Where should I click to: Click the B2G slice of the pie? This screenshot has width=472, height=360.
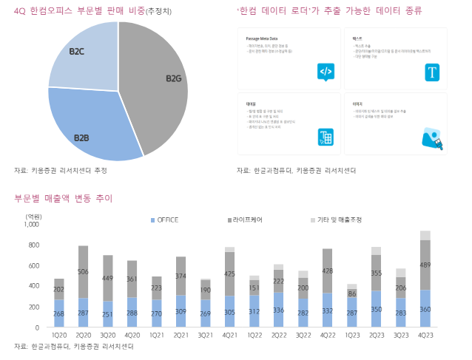pyautogui.click(x=159, y=81)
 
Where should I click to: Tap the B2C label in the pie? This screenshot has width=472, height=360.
pyautogui.click(x=78, y=52)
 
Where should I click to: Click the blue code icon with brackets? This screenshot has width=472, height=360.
pyautogui.click(x=326, y=71)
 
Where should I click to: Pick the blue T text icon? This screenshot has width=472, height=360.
pyautogui.click(x=432, y=72)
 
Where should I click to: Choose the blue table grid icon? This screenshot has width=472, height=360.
pyautogui.click(x=326, y=137)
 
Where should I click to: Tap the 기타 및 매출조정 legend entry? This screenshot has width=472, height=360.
pyautogui.click(x=336, y=220)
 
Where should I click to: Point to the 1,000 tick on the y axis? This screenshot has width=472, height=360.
pyautogui.click(x=31, y=224)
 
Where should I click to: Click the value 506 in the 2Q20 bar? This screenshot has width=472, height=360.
pyautogui.click(x=83, y=272)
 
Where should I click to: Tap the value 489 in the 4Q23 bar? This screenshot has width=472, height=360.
pyautogui.click(x=425, y=265)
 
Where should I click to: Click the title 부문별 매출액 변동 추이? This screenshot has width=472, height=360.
pyautogui.click(x=63, y=198)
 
